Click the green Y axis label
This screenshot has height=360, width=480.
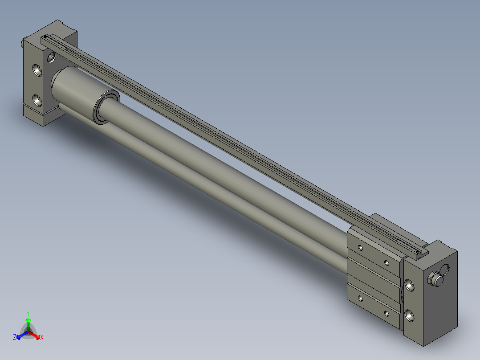[x=28, y=313]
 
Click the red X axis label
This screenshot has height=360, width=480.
[x=41, y=338]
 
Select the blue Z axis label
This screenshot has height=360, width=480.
[x=15, y=338]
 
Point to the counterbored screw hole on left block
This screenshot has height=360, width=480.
[x=52, y=57]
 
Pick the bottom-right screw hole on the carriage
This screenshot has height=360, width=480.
[x=387, y=314]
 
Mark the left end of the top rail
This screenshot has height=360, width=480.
[x=45, y=37]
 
